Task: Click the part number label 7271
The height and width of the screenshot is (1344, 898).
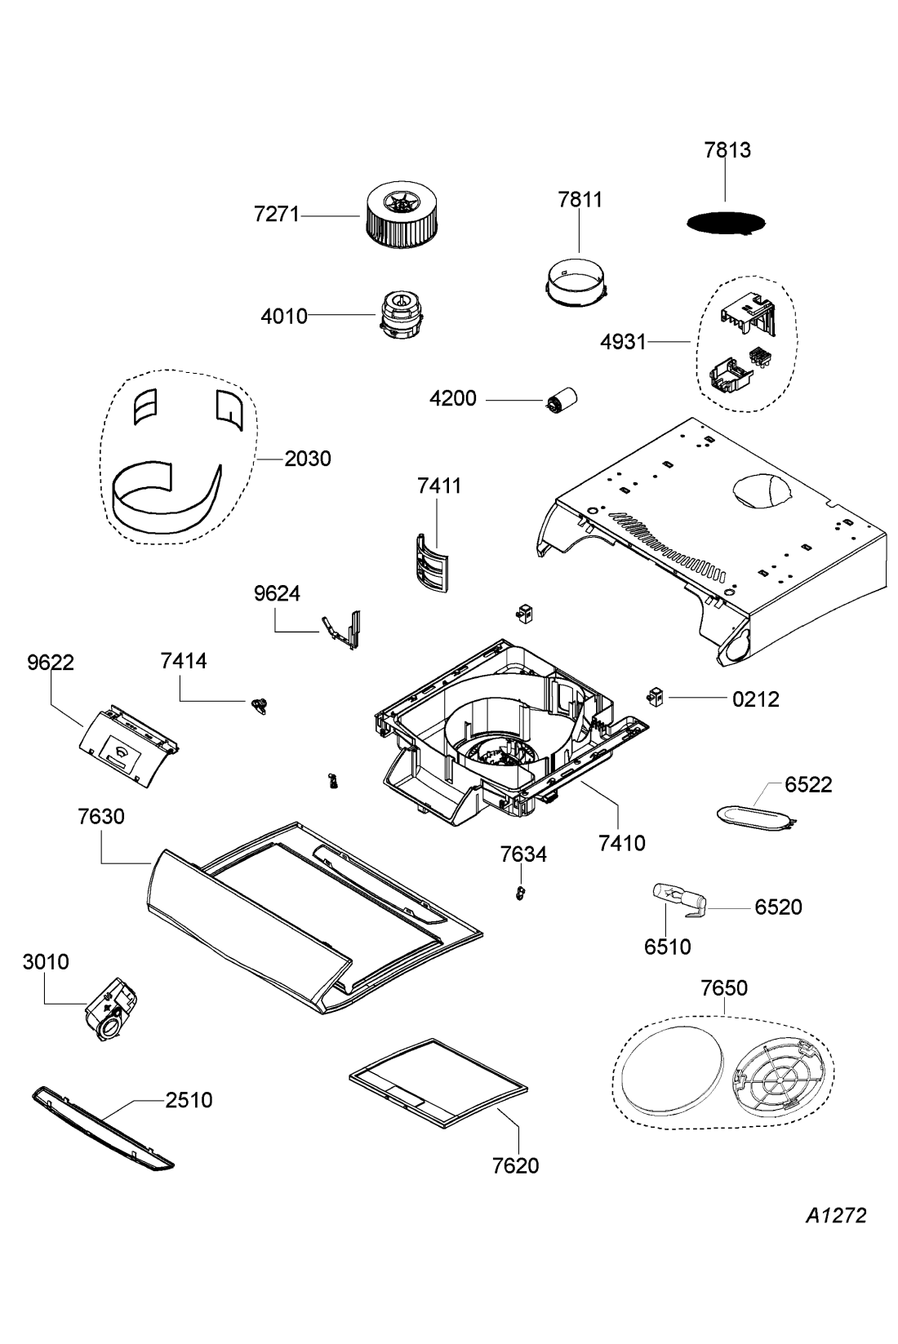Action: (276, 214)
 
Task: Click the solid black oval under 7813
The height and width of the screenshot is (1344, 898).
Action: (726, 223)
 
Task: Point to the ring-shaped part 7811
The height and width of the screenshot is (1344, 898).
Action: (577, 282)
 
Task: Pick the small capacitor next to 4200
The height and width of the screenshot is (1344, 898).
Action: (562, 399)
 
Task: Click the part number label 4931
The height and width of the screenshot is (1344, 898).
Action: (623, 342)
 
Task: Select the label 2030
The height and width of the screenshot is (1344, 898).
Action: (307, 459)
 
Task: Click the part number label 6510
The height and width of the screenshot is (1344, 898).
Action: (667, 947)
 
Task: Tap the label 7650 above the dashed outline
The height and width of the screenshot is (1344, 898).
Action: (724, 987)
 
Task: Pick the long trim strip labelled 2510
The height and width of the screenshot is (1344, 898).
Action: (103, 1128)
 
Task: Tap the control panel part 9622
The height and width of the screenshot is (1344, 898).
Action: (129, 746)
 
